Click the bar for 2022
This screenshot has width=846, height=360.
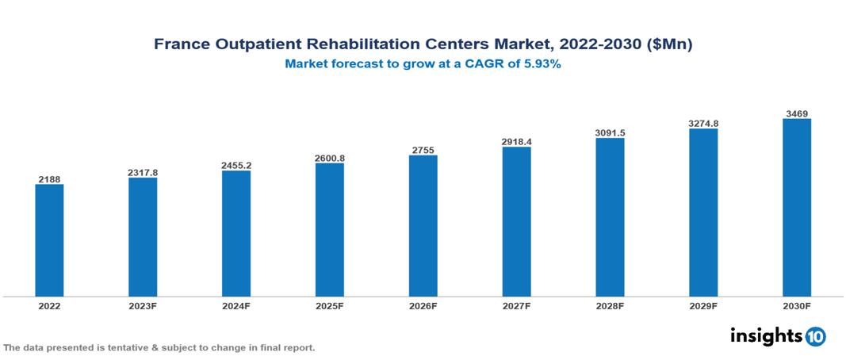click(x=49, y=240)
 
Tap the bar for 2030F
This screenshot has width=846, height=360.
click(x=797, y=208)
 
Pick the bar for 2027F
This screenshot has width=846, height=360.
click(x=516, y=221)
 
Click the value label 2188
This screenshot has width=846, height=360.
click(x=49, y=178)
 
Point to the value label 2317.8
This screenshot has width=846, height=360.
click(x=143, y=171)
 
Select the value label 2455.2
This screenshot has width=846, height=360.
click(x=236, y=164)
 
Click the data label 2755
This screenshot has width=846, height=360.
click(x=423, y=149)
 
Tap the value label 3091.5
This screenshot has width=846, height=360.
click(x=610, y=132)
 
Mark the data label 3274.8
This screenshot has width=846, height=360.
click(x=703, y=123)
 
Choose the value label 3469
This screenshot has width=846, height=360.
click(x=797, y=113)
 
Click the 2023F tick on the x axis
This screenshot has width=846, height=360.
click(x=143, y=305)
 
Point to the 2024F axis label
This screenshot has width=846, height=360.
click(x=236, y=305)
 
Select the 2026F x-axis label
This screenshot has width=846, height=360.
click(x=423, y=305)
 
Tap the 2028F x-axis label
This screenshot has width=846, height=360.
click(x=610, y=305)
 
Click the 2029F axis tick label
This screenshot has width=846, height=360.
click(x=703, y=305)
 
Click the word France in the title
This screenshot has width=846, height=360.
click(x=180, y=45)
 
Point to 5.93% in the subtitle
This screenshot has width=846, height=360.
click(x=542, y=65)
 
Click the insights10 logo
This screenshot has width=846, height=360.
click(x=778, y=336)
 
